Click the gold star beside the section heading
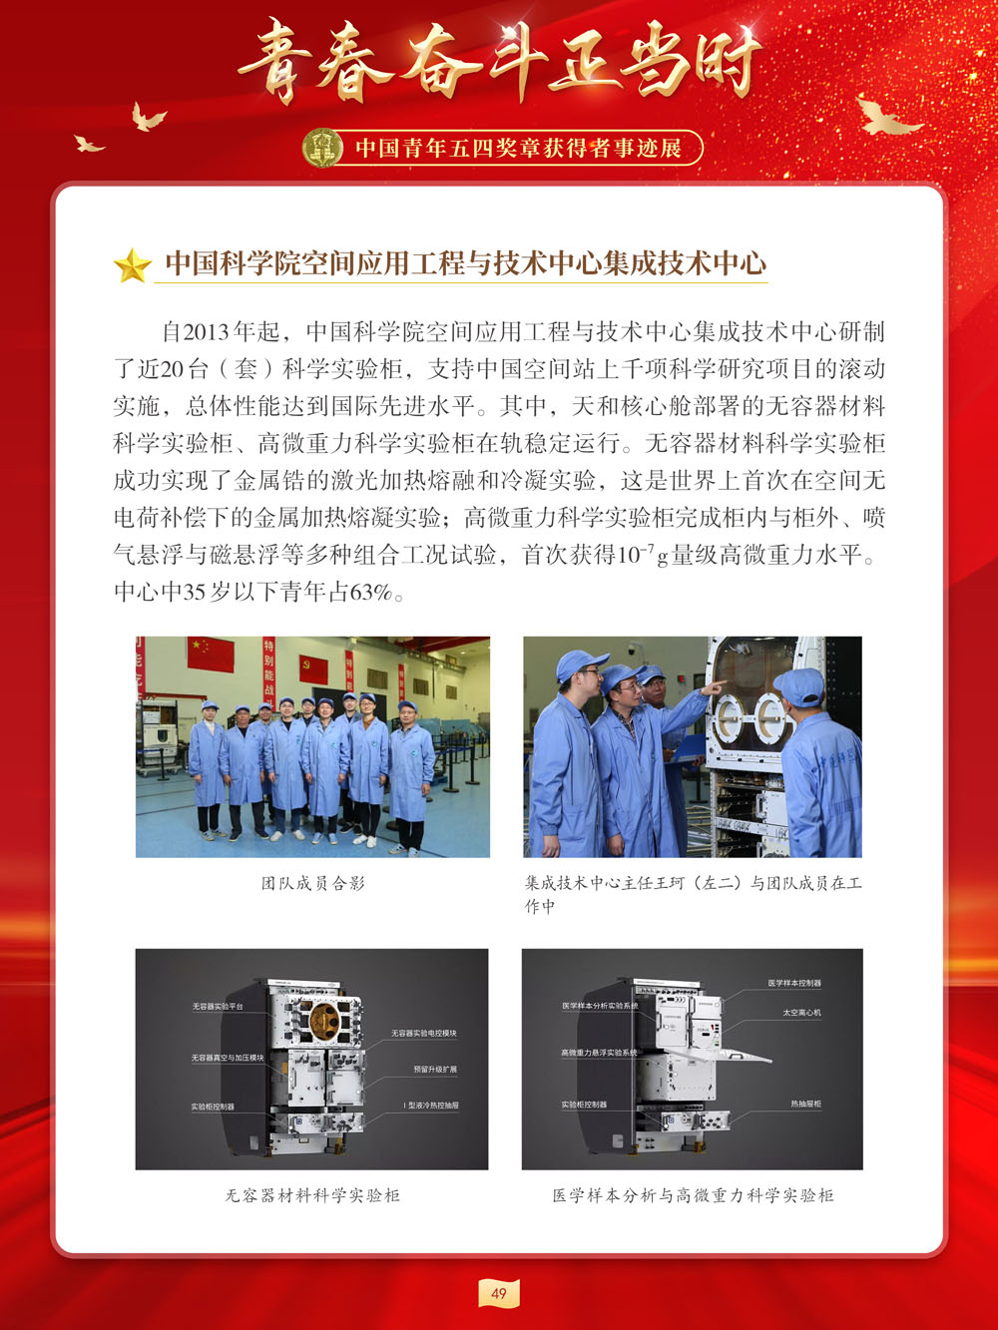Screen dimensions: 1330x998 132,265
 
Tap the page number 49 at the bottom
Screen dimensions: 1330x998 499,1293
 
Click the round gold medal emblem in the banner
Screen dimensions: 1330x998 322,148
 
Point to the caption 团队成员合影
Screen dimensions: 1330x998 312,883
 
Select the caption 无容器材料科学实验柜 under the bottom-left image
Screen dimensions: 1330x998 312,1195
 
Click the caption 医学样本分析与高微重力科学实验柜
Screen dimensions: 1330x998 693,1195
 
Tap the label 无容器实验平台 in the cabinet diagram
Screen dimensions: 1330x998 218,1007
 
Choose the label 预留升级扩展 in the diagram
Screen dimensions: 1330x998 435,1070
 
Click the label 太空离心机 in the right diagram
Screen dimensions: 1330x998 801,1013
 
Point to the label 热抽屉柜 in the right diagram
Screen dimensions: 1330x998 805,1105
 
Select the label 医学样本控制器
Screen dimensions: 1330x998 794,984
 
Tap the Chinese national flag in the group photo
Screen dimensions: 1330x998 211,655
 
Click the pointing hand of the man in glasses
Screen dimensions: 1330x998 715,686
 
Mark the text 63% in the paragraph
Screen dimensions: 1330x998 368,593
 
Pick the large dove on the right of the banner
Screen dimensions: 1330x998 887,117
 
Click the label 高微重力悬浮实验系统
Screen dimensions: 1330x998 599,1053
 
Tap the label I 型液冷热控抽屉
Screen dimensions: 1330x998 431,1106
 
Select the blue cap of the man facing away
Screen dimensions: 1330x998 799,684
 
